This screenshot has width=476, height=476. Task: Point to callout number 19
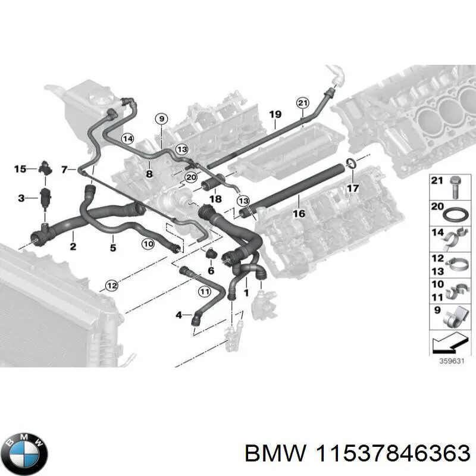point(274,114)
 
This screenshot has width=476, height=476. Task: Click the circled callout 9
point(161,119)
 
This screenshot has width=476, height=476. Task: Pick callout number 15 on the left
point(20,169)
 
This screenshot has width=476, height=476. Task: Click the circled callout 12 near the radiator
point(110,286)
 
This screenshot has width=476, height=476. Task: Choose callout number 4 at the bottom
point(179,314)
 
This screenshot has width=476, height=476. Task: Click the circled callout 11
point(205,292)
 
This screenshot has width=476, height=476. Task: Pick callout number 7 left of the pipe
point(64,170)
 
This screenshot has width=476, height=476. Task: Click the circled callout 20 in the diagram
point(190,177)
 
